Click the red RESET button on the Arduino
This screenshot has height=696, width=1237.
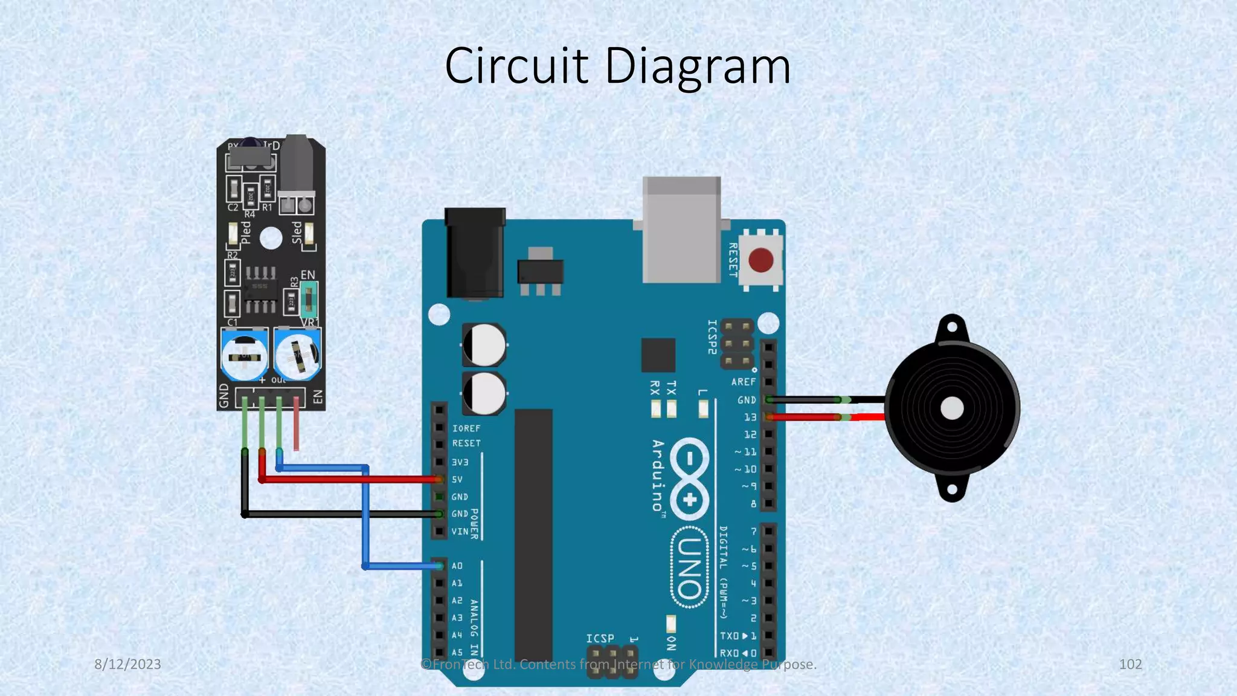pos(760,260)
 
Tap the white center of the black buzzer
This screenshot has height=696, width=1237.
pos(952,408)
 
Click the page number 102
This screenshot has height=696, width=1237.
pos(1130,664)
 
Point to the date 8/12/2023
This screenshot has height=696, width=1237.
pos(127,664)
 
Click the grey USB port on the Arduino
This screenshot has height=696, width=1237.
pos(681,230)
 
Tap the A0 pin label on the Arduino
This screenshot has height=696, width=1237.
pos(457,566)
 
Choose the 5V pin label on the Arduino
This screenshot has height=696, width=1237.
pos(457,480)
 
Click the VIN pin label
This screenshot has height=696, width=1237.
pos(460,532)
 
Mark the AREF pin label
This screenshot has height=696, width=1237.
pos(743,382)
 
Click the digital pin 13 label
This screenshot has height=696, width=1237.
pos(750,417)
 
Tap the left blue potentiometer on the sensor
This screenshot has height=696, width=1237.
pos(244,355)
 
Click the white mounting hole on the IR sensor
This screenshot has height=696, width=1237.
pos(271,238)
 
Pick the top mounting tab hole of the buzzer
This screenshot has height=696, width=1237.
pos(952,328)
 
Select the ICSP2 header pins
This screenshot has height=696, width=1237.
pos(737,344)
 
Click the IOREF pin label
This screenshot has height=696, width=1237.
pos(466,428)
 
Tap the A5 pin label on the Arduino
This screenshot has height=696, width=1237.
pos(457,652)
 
